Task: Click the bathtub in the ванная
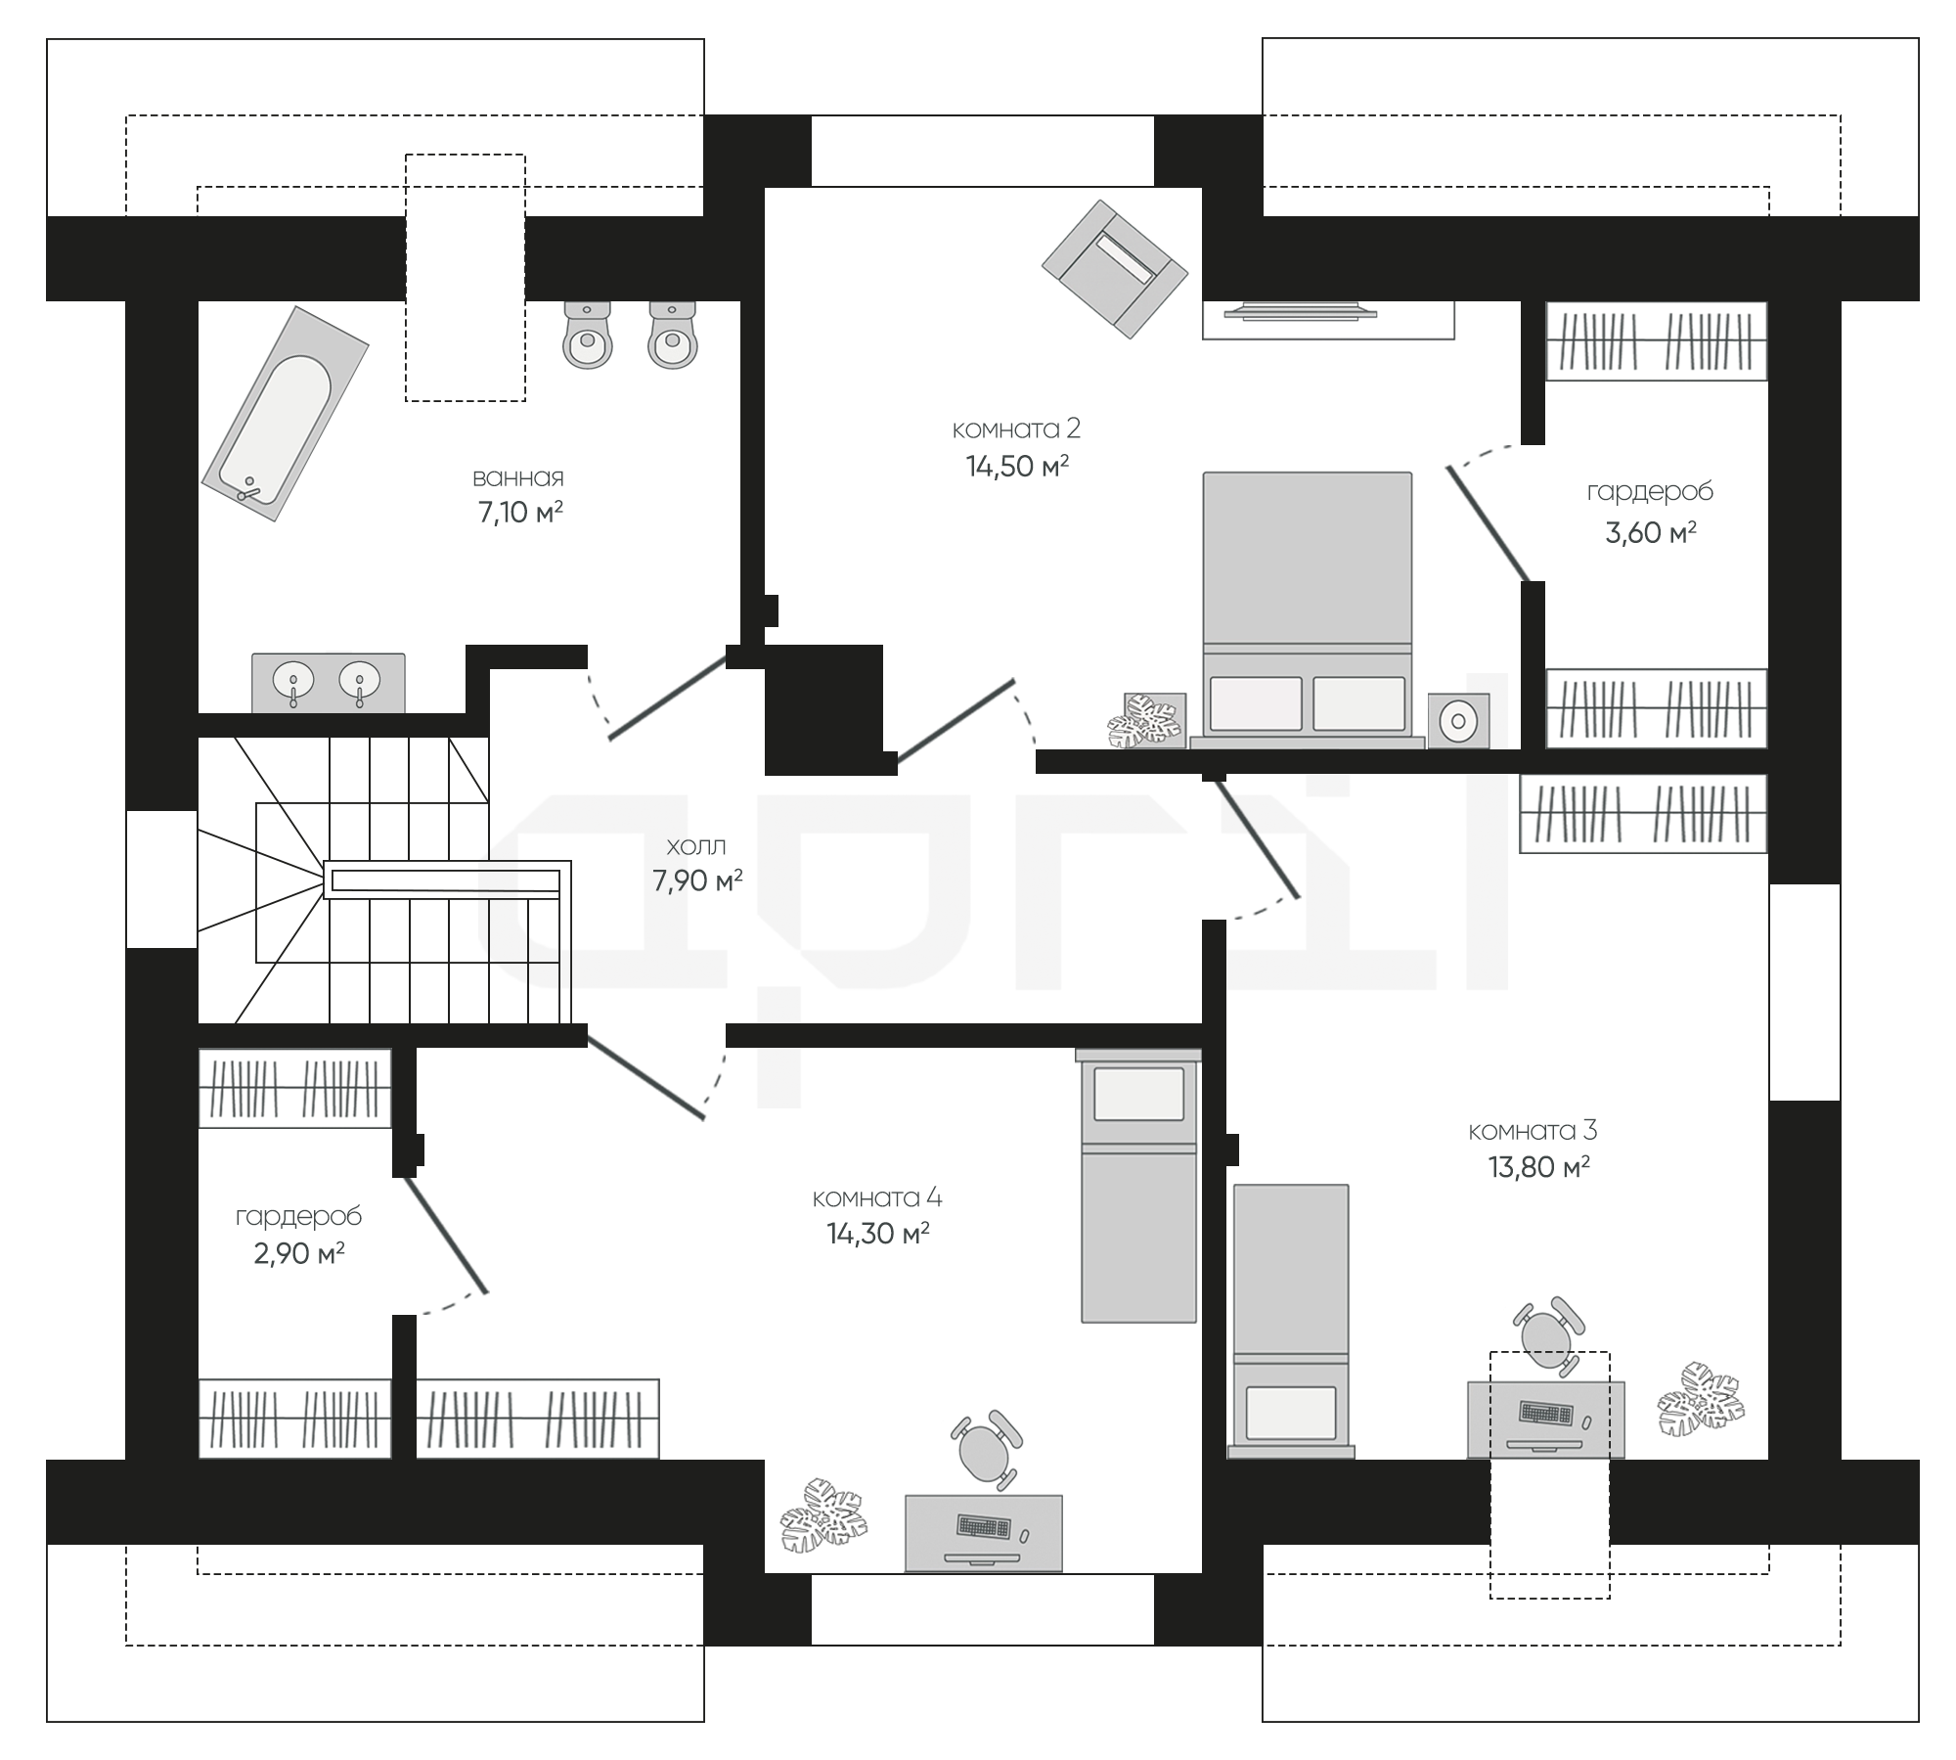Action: click(x=285, y=413)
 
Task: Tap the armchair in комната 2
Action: click(x=1114, y=269)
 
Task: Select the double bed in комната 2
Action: click(x=1308, y=610)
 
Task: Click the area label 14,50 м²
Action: click(x=1017, y=467)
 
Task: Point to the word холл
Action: click(x=696, y=845)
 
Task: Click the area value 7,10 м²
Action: click(x=520, y=512)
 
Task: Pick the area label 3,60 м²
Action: click(x=1650, y=532)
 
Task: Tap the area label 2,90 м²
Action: click(x=298, y=1253)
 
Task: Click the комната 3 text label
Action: click(x=1533, y=1130)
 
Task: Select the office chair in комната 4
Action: click(x=986, y=1449)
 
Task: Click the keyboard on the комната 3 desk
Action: click(x=1546, y=1413)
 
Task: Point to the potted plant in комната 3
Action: click(x=1701, y=1400)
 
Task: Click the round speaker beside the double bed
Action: click(x=1458, y=721)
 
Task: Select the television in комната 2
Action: click(x=1301, y=312)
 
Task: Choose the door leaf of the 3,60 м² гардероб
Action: click(x=1487, y=523)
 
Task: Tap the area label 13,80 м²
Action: click(x=1538, y=1167)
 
